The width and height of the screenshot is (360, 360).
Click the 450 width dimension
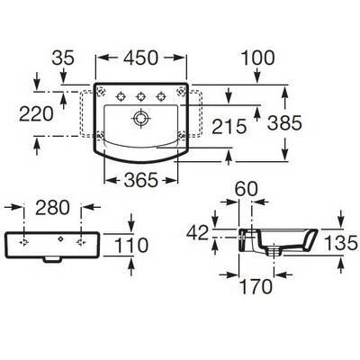pos(140,58)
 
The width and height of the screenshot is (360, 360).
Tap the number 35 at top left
pos(63,58)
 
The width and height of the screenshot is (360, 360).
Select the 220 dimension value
pos(36,114)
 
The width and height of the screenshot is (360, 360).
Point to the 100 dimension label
pos(257,58)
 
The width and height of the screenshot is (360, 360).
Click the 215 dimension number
pos(229,126)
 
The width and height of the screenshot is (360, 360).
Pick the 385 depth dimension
pos(284,123)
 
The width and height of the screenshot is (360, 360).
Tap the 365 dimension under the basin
pos(140,180)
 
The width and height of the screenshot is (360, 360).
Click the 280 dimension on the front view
pos(52,208)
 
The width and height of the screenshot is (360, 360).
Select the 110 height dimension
pos(131,245)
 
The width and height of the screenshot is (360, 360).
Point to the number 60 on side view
pos(247,189)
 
